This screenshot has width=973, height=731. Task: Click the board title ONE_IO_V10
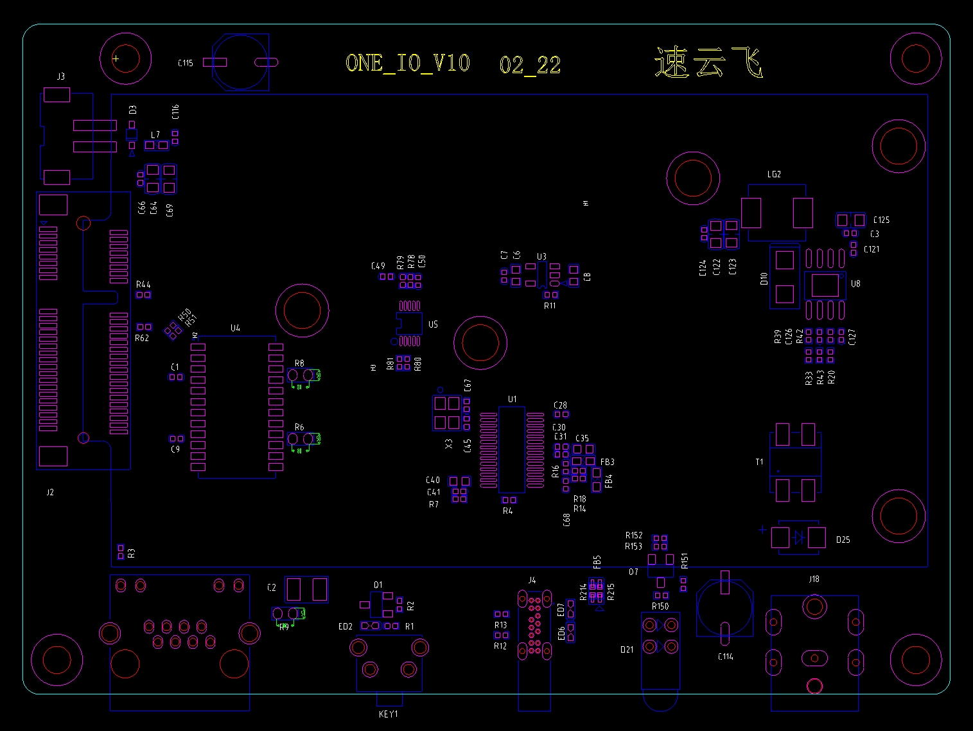click(x=408, y=63)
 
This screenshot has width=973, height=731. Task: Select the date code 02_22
click(x=530, y=65)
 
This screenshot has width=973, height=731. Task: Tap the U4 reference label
click(x=235, y=328)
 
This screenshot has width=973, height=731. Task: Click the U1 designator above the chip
click(x=512, y=399)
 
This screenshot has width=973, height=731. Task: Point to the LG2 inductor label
click(x=774, y=174)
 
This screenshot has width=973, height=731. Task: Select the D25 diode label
click(x=843, y=540)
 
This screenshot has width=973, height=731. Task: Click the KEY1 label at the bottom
click(x=389, y=714)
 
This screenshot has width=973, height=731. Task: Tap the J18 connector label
click(x=814, y=579)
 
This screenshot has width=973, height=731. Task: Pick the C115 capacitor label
click(x=185, y=63)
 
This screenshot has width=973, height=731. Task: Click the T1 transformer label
click(x=760, y=462)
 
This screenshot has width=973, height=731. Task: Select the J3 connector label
click(x=60, y=76)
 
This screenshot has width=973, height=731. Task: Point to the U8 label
click(x=855, y=283)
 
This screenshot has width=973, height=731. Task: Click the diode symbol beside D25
click(x=798, y=538)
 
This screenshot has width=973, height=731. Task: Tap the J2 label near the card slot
click(x=50, y=492)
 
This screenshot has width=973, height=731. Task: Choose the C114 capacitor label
click(x=725, y=656)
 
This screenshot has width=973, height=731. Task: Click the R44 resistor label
click(x=143, y=284)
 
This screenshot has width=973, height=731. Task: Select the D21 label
click(x=627, y=649)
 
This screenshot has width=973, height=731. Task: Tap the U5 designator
click(x=433, y=324)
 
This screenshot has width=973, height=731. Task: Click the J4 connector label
click(x=532, y=580)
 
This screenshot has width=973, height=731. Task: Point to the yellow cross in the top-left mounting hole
click(x=116, y=58)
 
